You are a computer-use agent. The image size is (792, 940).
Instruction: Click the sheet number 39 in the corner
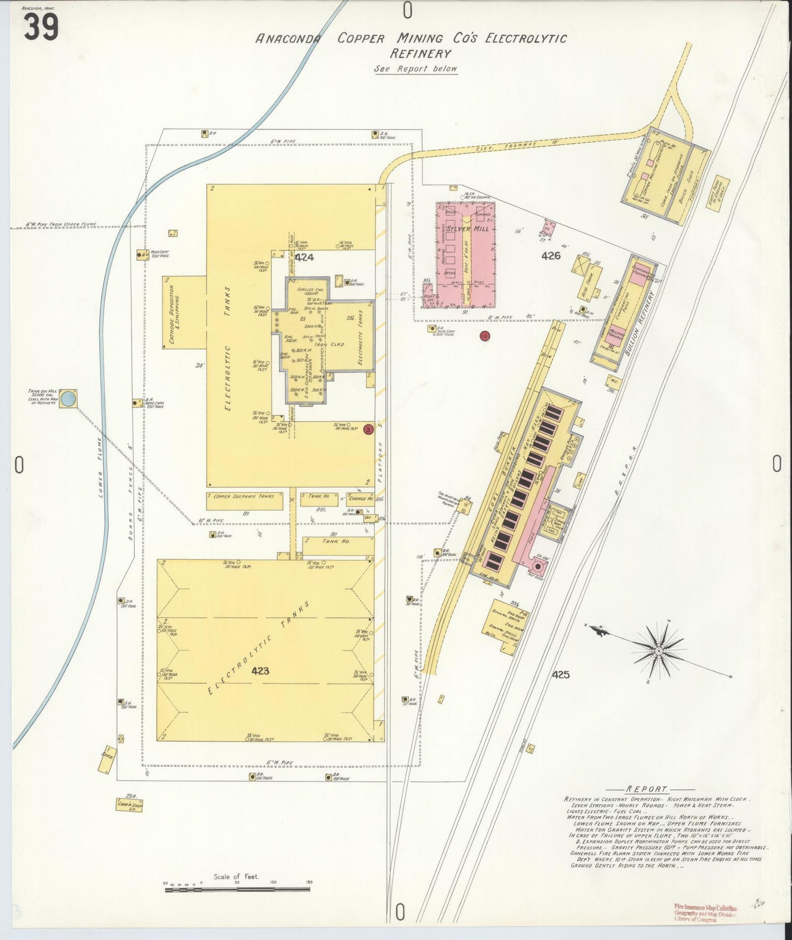(x=40, y=27)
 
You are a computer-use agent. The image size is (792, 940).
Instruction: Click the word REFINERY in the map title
(x=420, y=54)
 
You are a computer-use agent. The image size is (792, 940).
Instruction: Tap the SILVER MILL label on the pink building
(x=468, y=228)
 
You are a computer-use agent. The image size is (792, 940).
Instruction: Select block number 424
(x=304, y=257)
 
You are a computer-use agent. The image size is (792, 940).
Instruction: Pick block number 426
(x=550, y=256)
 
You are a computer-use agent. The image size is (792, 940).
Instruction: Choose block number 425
(x=561, y=674)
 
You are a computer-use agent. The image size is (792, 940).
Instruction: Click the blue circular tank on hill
(x=67, y=398)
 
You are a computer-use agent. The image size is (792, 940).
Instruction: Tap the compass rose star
(x=659, y=650)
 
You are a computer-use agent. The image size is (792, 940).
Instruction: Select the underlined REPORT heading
(x=646, y=789)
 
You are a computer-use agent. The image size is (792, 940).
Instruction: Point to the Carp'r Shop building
(x=129, y=805)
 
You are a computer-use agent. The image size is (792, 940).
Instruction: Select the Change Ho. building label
(x=361, y=499)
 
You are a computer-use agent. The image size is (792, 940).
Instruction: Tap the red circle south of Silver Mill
(x=484, y=336)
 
